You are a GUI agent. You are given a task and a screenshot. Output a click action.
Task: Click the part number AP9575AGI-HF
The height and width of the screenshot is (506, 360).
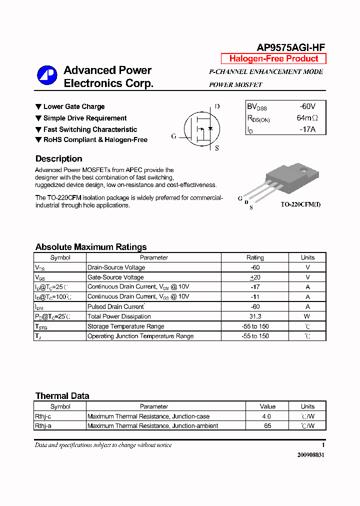click(x=290, y=47)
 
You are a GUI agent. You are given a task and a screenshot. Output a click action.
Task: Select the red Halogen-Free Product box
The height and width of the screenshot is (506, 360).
click(x=273, y=58)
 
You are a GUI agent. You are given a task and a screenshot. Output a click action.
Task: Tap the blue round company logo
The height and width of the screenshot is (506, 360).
click(x=47, y=76)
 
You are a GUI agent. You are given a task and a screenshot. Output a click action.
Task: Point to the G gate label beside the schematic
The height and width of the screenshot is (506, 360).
click(x=173, y=136)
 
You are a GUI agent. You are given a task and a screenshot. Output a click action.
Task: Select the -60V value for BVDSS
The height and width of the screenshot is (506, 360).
click(x=307, y=106)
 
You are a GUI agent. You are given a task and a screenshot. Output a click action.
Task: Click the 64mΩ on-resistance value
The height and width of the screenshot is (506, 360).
click(x=307, y=118)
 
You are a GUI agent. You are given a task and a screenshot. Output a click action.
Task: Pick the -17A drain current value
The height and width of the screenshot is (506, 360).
click(x=307, y=129)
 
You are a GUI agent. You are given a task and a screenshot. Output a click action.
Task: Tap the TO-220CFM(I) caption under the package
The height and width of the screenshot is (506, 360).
click(x=300, y=204)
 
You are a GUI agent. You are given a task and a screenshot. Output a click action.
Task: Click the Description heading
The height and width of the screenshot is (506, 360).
click(x=59, y=159)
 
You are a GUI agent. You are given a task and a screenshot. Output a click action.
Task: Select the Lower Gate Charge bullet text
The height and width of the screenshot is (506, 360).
click(x=74, y=106)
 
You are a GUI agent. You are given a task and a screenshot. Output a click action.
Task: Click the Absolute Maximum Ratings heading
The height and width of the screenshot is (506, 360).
click(x=91, y=247)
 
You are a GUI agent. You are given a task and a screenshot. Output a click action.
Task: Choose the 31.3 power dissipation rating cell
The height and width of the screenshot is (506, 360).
click(x=255, y=316)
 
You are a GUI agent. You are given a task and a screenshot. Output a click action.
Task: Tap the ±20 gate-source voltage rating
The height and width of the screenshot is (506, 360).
click(x=255, y=277)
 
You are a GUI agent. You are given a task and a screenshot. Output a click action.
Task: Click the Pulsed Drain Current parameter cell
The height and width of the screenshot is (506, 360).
click(x=116, y=306)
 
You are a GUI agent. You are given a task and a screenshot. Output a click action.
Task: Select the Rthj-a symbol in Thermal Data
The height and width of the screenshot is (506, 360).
click(x=43, y=426)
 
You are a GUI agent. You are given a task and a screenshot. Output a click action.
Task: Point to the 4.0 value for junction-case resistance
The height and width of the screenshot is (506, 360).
click(x=266, y=416)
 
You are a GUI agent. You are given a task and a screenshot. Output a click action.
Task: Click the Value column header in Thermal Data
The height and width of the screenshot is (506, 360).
click(x=267, y=406)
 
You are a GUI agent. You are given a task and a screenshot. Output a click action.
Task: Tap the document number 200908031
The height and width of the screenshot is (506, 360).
click(x=310, y=455)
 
